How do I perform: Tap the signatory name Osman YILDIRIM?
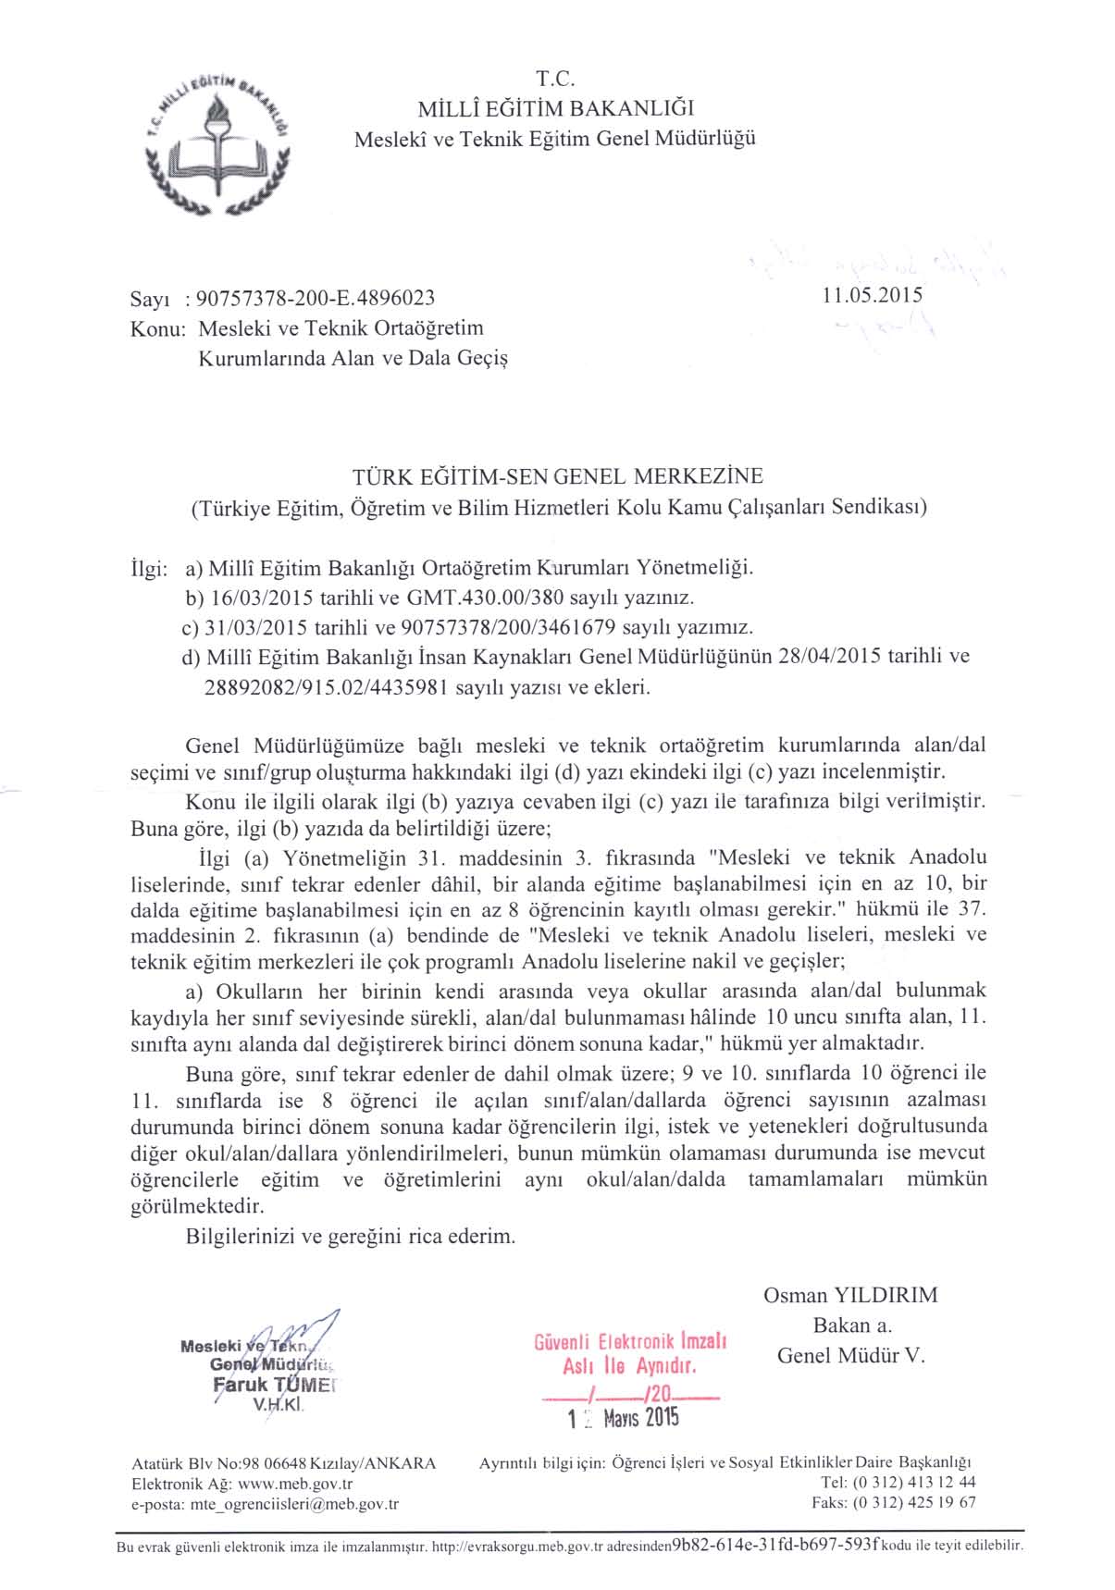[850, 1295]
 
